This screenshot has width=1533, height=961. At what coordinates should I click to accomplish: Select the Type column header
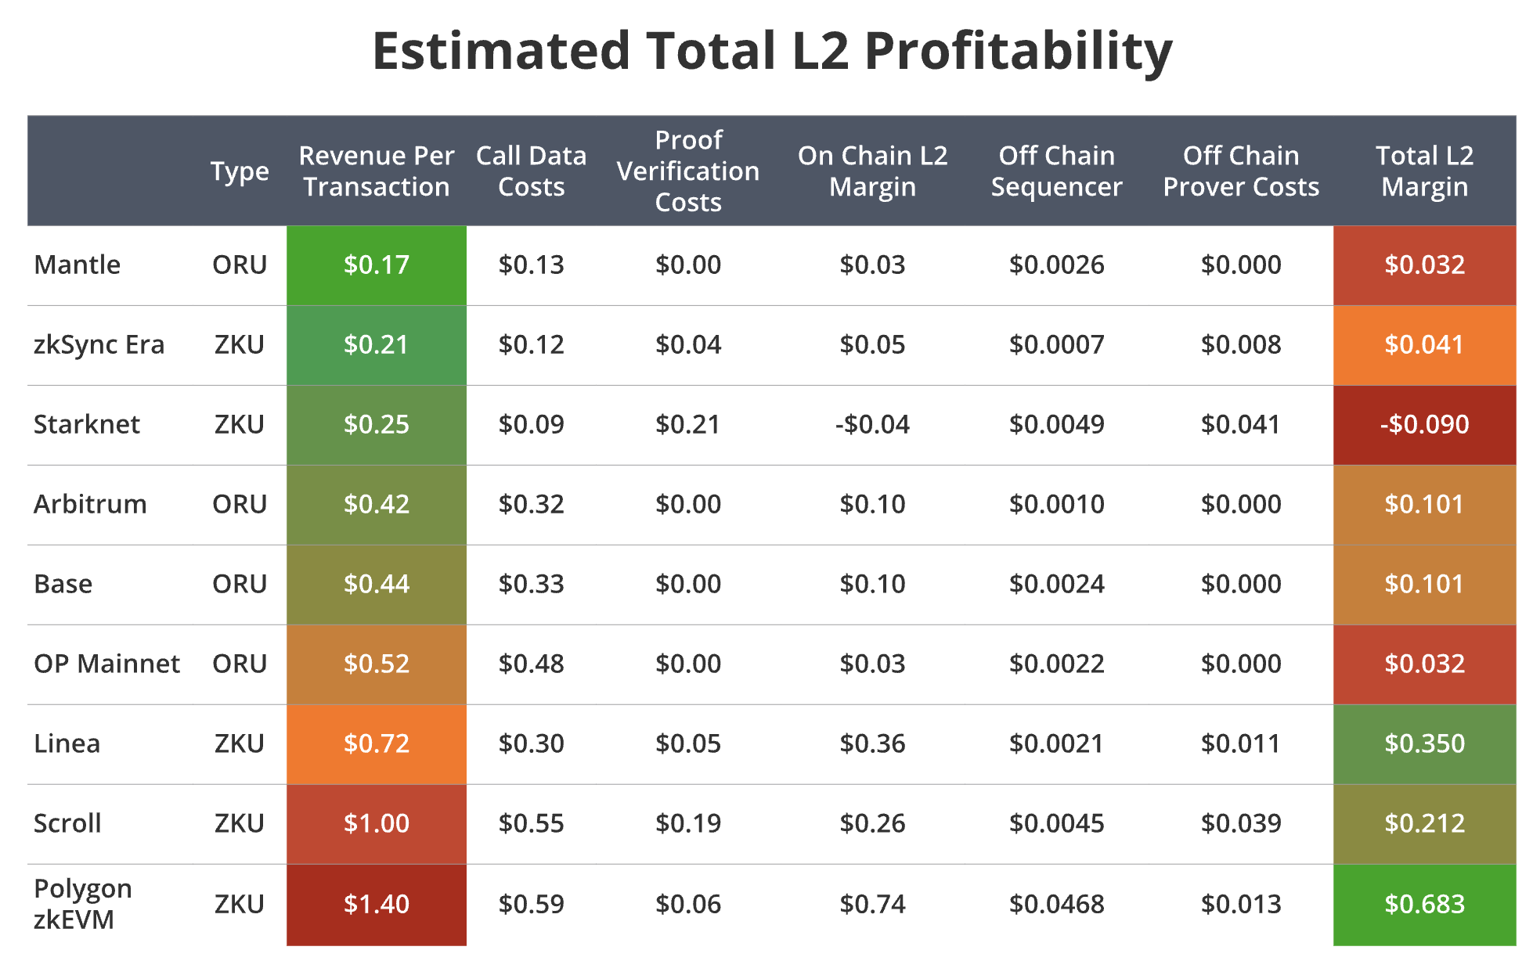tap(240, 171)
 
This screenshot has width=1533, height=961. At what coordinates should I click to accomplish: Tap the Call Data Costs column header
tap(531, 171)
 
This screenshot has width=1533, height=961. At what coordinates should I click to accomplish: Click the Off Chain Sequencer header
tap(1056, 171)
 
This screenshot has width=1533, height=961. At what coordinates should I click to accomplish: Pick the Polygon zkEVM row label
tap(83, 904)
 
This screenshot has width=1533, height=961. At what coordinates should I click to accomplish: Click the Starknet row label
tap(87, 424)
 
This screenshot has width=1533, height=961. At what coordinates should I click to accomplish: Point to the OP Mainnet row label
tap(106, 664)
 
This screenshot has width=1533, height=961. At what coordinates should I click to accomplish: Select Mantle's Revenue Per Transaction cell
tap(377, 265)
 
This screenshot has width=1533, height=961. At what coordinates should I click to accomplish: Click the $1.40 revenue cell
tap(377, 905)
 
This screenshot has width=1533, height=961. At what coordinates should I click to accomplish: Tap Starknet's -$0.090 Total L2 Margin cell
tap(1424, 425)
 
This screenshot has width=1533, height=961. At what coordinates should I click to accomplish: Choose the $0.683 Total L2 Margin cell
tap(1424, 905)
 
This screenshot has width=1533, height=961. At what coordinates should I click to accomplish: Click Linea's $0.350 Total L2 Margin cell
tap(1424, 743)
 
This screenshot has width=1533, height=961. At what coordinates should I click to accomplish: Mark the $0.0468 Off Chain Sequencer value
tap(1056, 905)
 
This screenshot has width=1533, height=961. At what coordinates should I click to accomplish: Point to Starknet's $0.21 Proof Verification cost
tap(688, 425)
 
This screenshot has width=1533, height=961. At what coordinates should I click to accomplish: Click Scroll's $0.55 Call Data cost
tap(531, 823)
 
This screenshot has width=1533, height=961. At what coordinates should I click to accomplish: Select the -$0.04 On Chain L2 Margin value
tap(872, 425)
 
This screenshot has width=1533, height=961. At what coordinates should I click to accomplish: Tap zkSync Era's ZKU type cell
tap(240, 345)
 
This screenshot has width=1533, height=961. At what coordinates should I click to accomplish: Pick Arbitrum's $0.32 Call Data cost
tap(531, 505)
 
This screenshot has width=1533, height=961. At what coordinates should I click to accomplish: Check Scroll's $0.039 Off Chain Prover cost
tap(1241, 823)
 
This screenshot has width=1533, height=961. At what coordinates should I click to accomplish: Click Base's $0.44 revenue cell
tap(377, 585)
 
